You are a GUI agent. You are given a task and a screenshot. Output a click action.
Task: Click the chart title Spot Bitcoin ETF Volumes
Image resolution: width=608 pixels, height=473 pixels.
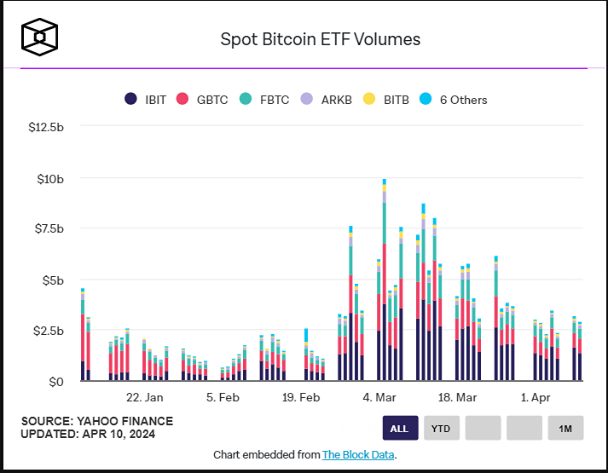coord(320,39)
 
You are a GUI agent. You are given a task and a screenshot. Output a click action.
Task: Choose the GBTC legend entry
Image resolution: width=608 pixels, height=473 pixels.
coord(202,100)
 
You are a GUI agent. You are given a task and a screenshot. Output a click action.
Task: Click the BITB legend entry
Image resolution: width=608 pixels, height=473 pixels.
coord(385,100)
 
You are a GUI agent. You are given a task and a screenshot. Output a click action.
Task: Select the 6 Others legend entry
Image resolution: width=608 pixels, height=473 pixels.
coord(454,100)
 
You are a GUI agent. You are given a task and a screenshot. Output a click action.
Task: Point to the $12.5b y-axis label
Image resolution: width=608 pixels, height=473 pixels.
coord(46,127)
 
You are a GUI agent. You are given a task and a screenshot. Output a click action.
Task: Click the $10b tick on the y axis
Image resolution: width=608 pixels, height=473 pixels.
coord(50,178)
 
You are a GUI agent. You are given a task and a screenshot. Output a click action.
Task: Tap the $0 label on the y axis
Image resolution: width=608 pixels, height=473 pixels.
coord(56,381)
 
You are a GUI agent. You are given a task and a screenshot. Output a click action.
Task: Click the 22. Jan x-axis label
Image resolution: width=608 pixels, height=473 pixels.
coord(144,397)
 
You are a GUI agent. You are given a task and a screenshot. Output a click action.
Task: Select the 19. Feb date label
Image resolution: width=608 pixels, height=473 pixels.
coord(300,397)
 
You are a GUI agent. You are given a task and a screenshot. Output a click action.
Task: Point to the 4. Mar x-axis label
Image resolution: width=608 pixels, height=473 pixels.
coord(379,397)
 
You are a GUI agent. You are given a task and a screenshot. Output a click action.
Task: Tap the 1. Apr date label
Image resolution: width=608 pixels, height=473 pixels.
coord(535,397)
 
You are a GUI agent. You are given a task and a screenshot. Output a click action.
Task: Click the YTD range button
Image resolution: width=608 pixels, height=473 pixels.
coord(440,428)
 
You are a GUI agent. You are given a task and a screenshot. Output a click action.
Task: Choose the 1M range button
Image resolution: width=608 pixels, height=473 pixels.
coord(565,428)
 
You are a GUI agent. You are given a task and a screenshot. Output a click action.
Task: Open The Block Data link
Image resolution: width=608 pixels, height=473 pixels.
coord(358,455)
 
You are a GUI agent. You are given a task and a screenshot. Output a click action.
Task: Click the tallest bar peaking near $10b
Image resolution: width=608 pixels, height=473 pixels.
coord(385,281)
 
